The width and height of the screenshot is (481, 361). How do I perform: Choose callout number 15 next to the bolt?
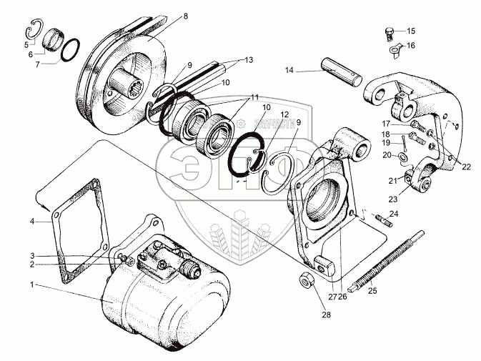410,31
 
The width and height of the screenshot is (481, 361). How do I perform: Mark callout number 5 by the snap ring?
28,43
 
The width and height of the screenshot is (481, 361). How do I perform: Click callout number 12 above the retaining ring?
284,114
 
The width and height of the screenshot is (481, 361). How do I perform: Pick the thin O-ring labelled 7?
69,51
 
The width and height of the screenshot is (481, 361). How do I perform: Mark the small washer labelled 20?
405,156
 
